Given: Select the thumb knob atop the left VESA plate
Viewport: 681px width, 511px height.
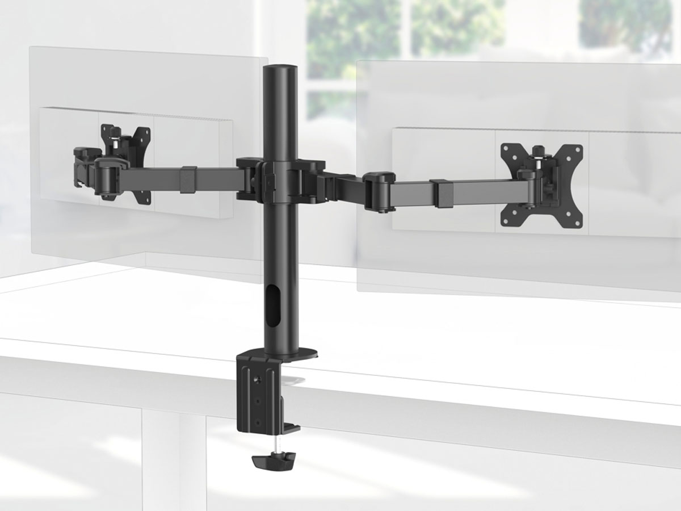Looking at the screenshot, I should click(115, 135).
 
